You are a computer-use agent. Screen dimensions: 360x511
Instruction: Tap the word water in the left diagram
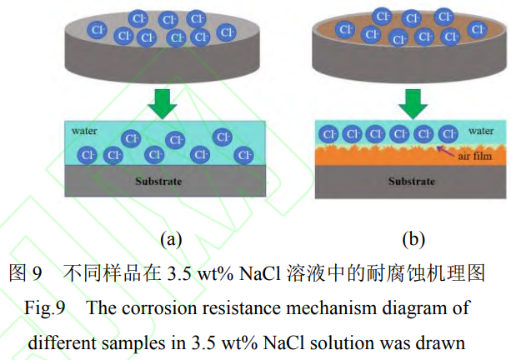[x=84, y=131]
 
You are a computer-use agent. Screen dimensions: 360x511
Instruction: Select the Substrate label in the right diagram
[x=412, y=181]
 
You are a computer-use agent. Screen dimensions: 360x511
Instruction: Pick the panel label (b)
[x=413, y=239]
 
